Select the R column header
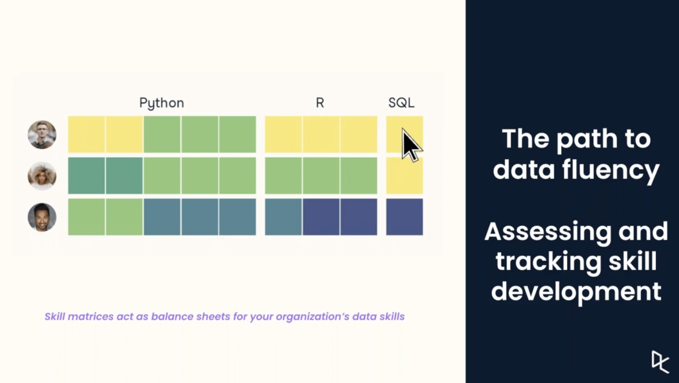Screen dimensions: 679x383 [x=320, y=103]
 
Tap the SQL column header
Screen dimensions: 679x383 [x=401, y=103]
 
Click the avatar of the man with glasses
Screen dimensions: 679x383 [x=42, y=135]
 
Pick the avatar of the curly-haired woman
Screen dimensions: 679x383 [x=42, y=176]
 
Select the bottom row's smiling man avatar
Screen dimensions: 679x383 [x=42, y=217]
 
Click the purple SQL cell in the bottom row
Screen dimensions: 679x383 [x=405, y=217]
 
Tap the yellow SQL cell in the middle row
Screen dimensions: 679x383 [x=405, y=176]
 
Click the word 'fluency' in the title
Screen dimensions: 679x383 [x=611, y=170]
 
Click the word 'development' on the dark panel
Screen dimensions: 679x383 [x=576, y=292]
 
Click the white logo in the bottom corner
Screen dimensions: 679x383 [x=660, y=362]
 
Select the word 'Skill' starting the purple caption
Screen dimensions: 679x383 [x=55, y=317]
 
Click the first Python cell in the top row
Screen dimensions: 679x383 [x=86, y=134]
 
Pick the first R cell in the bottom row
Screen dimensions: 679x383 [x=284, y=217]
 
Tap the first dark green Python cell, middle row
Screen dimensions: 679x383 [x=86, y=176]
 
